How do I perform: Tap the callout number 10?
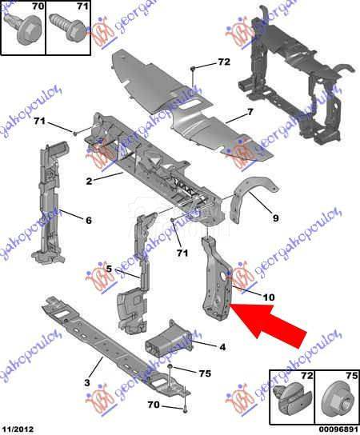coord(268,297)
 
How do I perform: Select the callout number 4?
coord(222,346)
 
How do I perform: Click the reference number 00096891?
coord(334,428)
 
